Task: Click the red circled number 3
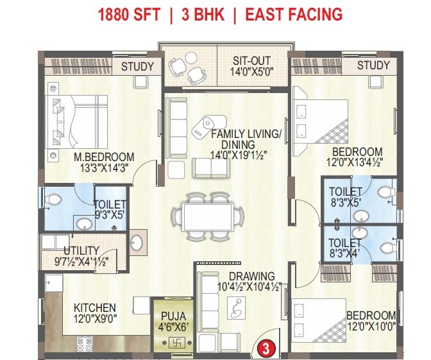pyautogui.click(x=264, y=349)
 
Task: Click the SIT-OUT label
pyautogui.click(x=254, y=61)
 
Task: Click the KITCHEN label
pyautogui.click(x=94, y=308)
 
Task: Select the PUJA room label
pyautogui.click(x=173, y=316)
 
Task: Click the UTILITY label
pyautogui.click(x=81, y=250)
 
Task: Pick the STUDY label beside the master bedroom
pyautogui.click(x=138, y=66)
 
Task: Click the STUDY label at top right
pyautogui.click(x=373, y=65)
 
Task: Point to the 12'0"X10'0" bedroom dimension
pyautogui.click(x=371, y=326)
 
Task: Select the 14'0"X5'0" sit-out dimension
pyautogui.click(x=254, y=72)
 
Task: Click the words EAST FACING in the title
pyautogui.click(x=292, y=15)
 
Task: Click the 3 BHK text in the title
pyautogui.click(x=203, y=15)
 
